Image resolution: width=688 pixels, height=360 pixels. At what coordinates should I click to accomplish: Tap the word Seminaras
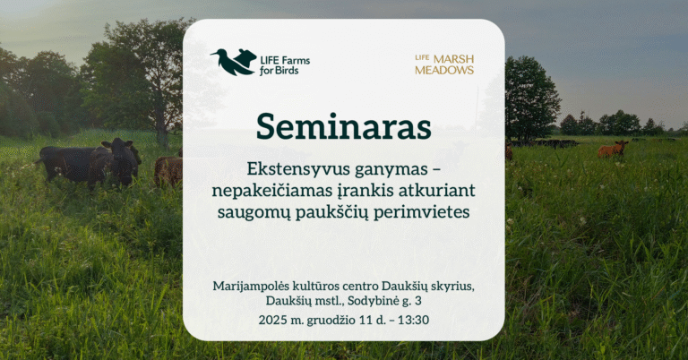click(x=343, y=126)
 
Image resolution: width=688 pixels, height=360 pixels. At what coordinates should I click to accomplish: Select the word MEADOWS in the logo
click(x=444, y=70)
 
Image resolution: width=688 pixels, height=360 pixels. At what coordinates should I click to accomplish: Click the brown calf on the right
click(x=613, y=150)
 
